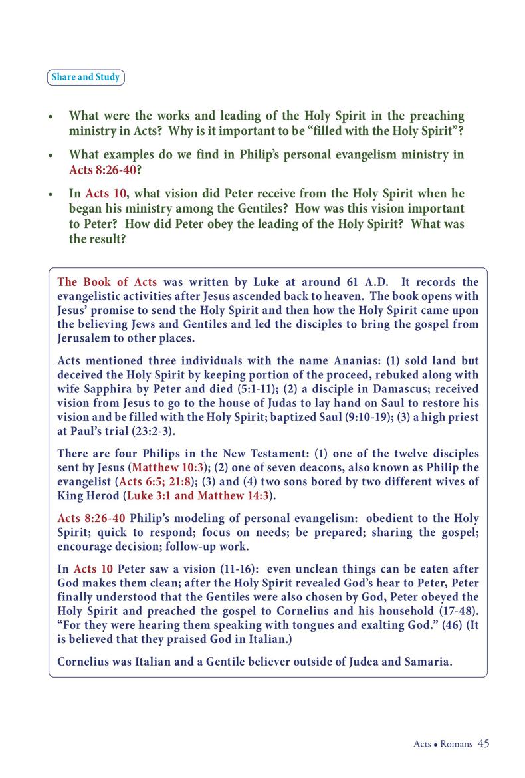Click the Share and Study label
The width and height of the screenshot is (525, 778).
pyautogui.click(x=86, y=77)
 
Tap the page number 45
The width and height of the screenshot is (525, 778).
pyautogui.click(x=483, y=743)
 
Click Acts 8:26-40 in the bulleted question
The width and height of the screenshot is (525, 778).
pyautogui.click(x=102, y=170)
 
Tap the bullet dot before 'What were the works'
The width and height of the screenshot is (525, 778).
pyautogui.click(x=51, y=117)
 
